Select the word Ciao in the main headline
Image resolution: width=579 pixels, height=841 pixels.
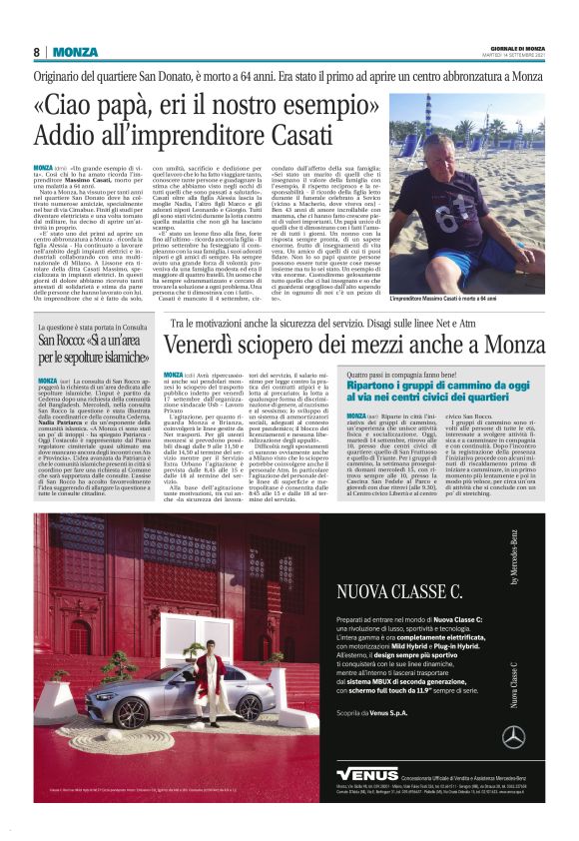pyautogui.click(x=80, y=105)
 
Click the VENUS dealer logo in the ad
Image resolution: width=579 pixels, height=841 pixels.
pyautogui.click(x=366, y=774)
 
